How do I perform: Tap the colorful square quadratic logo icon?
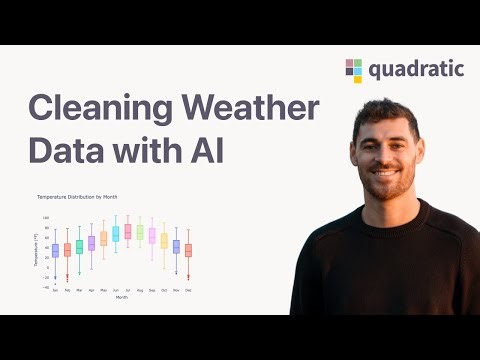(354, 70)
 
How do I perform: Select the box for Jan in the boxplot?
(56, 250)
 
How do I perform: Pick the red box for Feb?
(67, 250)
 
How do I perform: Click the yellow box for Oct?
(164, 240)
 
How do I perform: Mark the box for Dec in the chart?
(188, 250)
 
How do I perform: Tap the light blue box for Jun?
(116, 234)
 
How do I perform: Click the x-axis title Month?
(121, 297)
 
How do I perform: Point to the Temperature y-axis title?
(35, 250)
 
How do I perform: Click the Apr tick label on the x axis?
(91, 289)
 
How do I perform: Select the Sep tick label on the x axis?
(152, 289)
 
